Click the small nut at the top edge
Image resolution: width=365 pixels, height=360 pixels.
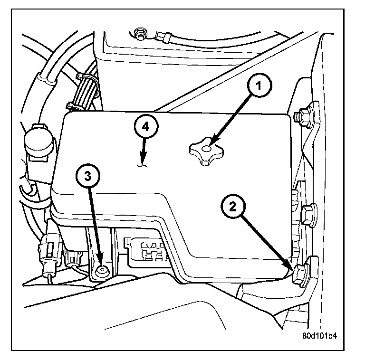point(140,34)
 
